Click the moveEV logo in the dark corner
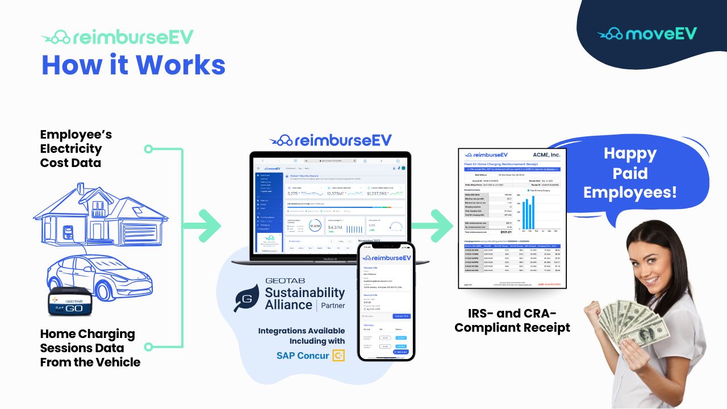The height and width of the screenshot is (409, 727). pyautogui.click(x=647, y=34)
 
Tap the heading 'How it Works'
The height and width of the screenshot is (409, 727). pyautogui.click(x=133, y=65)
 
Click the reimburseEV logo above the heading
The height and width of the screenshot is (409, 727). pyautogui.click(x=118, y=37)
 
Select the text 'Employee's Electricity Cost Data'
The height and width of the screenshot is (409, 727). pyautogui.click(x=76, y=149)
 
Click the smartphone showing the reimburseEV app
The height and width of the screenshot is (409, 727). pyautogui.click(x=386, y=302)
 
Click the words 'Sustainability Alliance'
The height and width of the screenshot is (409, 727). pyautogui.click(x=305, y=298)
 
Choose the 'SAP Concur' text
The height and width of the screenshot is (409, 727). pyautogui.click(x=303, y=356)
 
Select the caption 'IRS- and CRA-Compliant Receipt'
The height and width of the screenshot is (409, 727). pyautogui.click(x=512, y=321)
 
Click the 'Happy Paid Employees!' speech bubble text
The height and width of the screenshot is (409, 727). pyautogui.click(x=630, y=173)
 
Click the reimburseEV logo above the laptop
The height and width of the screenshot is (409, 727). pyautogui.click(x=331, y=140)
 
